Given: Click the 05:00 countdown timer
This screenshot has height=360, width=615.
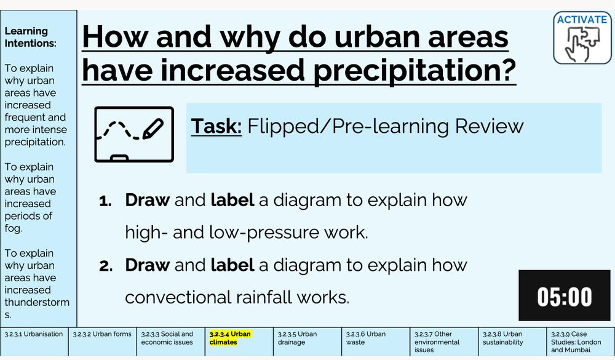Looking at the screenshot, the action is coord(565,295).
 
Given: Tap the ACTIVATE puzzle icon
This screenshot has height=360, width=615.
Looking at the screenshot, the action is coord(582,38).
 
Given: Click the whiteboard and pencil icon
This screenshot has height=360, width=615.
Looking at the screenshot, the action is coord(134,134).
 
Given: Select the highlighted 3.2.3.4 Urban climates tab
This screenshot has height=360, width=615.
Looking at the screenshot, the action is coord(239,342).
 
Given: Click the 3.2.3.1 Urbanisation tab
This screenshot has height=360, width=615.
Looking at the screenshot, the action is coord(34,342).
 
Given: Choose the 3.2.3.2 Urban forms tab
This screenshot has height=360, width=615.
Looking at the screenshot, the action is coord(102,342).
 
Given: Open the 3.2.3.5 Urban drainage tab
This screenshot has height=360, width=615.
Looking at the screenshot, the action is coord(307,342).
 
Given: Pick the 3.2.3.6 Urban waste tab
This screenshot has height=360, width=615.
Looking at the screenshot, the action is coord(375,342).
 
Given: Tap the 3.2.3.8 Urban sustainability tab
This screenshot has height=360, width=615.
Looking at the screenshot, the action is coord(512,342).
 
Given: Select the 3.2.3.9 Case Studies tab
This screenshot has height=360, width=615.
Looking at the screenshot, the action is coord(581,342).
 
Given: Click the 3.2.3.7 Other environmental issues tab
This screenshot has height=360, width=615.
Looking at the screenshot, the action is coord(444,342).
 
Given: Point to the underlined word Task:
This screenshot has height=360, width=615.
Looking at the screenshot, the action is coord(216,126).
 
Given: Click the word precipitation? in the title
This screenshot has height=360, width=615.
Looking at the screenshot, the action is coord(415,71).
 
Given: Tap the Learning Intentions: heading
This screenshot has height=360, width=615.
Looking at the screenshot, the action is coord(30,37).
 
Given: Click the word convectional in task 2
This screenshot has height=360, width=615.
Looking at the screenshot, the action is coord(178,297).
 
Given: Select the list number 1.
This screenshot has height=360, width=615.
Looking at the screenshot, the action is coord(105,201).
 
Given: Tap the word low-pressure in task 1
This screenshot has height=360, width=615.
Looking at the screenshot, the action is coord(264,233).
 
